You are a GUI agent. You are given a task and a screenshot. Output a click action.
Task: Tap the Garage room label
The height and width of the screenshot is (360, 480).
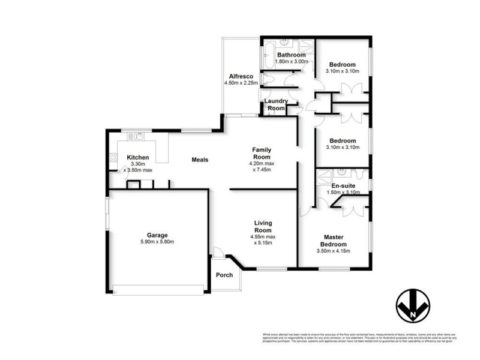click(158, 235)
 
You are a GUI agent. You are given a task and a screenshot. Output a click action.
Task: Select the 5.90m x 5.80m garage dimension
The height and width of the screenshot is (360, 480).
click(158, 242)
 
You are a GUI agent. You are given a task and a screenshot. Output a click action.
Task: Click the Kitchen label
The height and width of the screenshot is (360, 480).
click(138, 158)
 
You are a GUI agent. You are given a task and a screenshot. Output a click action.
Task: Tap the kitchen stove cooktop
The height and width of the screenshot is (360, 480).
click(112, 158)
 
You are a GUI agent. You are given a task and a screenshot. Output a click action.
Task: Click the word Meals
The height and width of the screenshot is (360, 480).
click(200, 160)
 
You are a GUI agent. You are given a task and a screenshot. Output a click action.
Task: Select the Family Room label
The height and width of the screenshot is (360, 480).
click(262, 153)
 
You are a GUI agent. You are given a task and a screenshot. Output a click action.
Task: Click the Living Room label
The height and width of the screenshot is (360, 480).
click(262, 226)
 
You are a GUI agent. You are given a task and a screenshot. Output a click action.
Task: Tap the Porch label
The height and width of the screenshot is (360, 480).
click(224, 275)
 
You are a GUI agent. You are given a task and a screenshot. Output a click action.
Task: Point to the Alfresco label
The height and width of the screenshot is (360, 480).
click(240, 76)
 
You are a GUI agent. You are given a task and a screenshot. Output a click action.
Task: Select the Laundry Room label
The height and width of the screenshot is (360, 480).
click(275, 104)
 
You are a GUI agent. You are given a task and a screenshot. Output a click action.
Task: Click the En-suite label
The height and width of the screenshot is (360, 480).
click(344, 186)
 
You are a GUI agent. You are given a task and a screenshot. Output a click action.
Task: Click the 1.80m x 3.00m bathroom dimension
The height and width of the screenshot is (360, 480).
click(291, 61)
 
